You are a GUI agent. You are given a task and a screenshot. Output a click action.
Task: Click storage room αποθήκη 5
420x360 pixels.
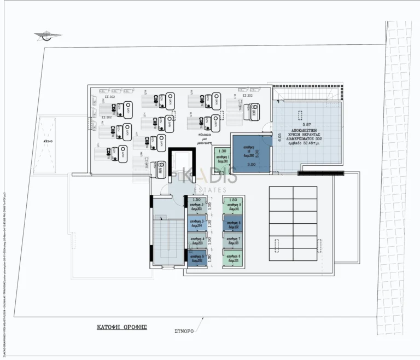point(196,257)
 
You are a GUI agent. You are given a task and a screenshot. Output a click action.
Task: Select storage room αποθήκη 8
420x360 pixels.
point(234,224)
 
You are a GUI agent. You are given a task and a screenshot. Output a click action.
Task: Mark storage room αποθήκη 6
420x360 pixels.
point(234,258)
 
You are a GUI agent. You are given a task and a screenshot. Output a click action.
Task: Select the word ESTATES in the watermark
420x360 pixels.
point(210,190)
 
